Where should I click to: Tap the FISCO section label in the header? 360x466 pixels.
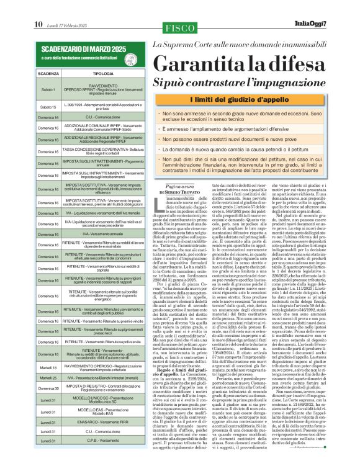coord(180,27)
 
